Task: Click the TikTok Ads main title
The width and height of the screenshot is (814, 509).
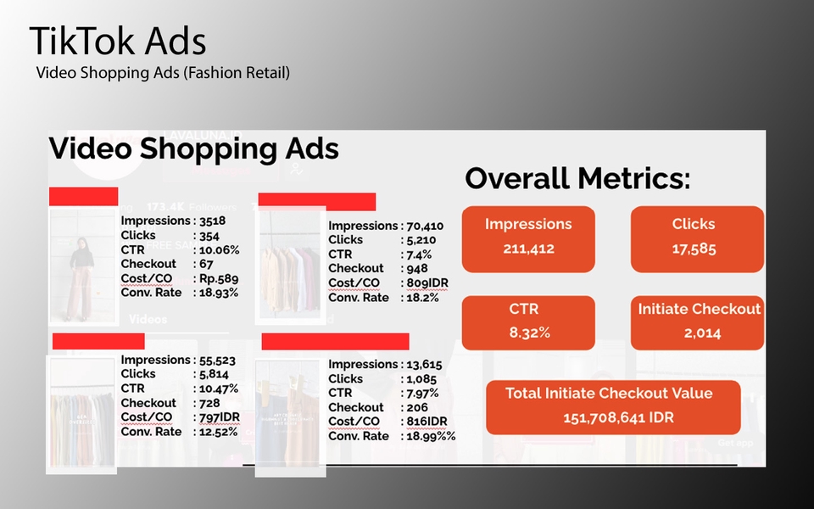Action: coord(118,42)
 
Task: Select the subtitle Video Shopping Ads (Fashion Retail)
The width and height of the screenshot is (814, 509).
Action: coord(163,73)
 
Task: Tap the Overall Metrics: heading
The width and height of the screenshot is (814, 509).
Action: coord(577,179)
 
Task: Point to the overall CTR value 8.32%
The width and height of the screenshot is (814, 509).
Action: coord(529,333)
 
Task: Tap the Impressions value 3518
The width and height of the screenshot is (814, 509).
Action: coord(212,221)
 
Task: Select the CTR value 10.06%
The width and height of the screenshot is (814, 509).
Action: coord(219,249)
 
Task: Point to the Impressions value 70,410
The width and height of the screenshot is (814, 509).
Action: coord(425,226)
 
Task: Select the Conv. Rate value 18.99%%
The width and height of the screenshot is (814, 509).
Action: coord(431,436)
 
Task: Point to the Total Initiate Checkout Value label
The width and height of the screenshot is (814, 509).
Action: coord(609,393)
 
